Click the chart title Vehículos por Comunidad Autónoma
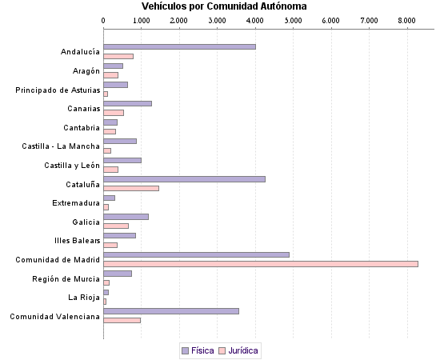[x=218, y=6]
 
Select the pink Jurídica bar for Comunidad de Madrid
[x=261, y=264]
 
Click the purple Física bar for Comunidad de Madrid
[x=196, y=254]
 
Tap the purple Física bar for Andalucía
[x=179, y=46]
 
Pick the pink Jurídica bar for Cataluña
[x=131, y=188]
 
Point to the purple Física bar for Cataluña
[x=184, y=178]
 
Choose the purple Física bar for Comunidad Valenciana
[x=171, y=311]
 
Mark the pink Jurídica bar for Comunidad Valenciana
[x=122, y=320]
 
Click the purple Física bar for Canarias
[x=127, y=103]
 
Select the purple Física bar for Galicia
[x=126, y=217]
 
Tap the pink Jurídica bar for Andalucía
[x=118, y=56]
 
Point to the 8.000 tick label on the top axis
[x=406, y=19]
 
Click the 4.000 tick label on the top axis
[x=255, y=19]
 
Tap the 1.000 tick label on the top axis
[x=142, y=19]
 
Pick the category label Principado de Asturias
[x=58, y=90]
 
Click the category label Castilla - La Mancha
[x=61, y=146]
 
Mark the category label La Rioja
[x=84, y=298]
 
